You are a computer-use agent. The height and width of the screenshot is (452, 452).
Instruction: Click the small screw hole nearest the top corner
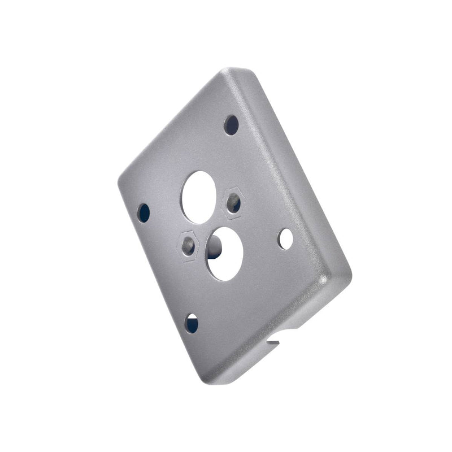232,125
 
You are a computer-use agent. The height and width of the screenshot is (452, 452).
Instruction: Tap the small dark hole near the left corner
144,212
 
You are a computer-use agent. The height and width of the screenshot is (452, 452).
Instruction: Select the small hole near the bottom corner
192,323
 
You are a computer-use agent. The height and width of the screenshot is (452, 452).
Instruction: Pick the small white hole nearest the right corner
286,239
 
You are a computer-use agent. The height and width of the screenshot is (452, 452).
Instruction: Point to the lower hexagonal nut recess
189,245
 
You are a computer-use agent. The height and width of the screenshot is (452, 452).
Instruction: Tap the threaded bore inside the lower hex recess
188,246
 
